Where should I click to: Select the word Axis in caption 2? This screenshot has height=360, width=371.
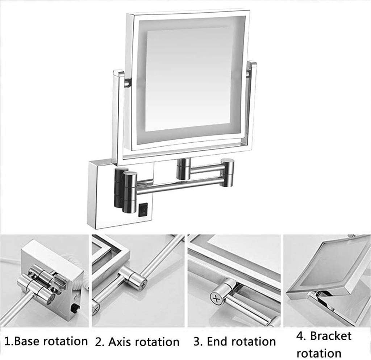click(116, 342)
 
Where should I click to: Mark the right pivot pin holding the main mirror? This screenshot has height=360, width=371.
click(248, 74)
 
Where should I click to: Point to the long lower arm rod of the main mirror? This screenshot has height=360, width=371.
click(178, 185)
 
